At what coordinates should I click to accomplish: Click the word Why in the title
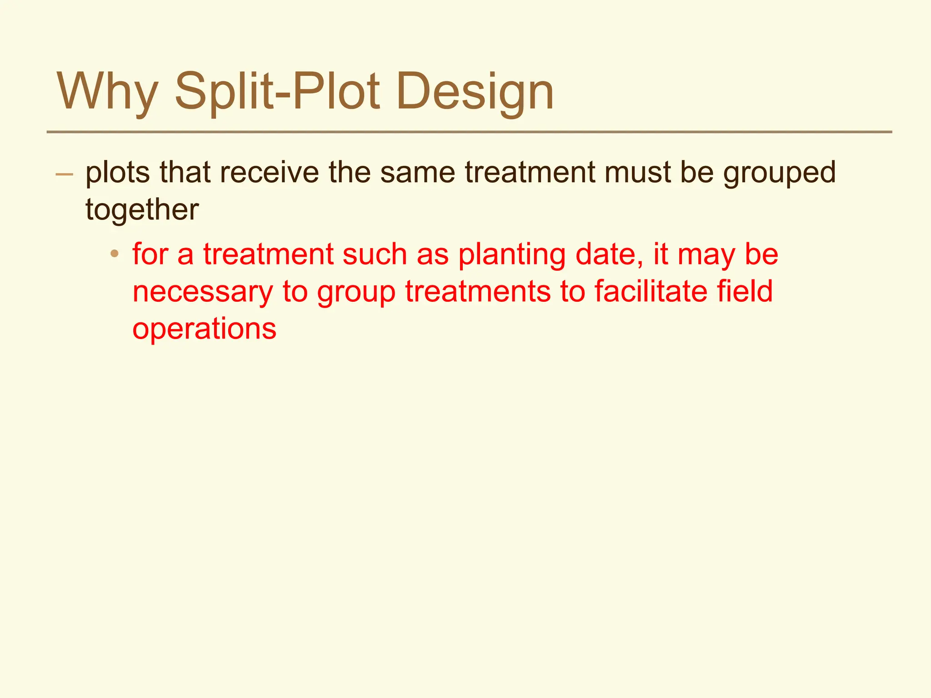pos(107,93)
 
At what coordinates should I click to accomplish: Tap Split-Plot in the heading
pos(277,93)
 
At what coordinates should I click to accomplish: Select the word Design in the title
pos(475,93)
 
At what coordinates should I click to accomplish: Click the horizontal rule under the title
pos(469,132)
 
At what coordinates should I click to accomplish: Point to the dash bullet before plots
pos(64,174)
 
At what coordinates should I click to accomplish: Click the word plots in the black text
pos(117,173)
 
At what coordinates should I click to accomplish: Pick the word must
pos(637,173)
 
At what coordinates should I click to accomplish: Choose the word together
pos(142,210)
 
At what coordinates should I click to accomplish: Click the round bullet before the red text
pos(115,254)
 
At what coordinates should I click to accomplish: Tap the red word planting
pos(512,255)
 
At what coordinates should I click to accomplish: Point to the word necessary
pos(203,292)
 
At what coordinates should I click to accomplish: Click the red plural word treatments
pos(478,291)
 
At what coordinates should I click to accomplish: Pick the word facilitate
pos(651,291)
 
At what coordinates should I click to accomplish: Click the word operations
pos(204,329)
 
